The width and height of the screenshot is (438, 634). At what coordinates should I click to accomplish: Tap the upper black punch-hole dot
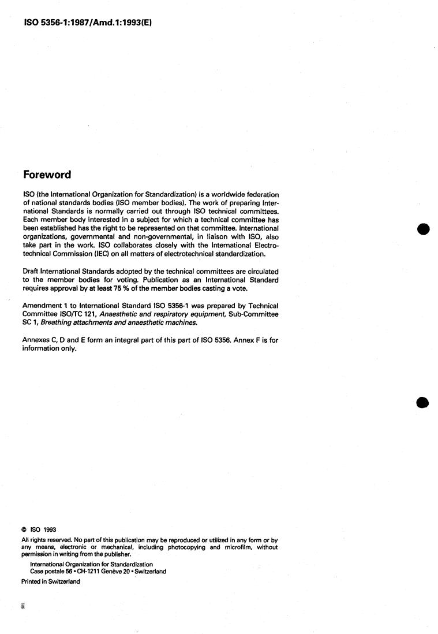424,229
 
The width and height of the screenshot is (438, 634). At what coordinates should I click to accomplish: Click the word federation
258,193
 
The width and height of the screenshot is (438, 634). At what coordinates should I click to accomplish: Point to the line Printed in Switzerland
51,582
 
